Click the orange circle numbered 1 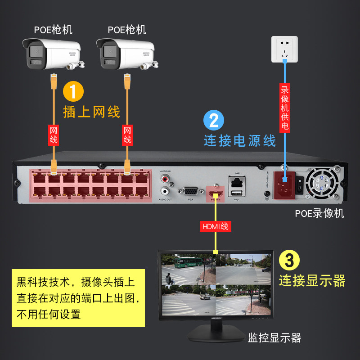[x=73, y=91]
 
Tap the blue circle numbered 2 [x=214, y=121]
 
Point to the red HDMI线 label [x=215, y=226]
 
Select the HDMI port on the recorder [x=215, y=194]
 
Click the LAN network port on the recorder [x=237, y=183]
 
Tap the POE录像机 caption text [x=319, y=213]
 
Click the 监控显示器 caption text [x=274, y=338]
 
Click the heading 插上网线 [x=92, y=112]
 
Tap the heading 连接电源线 [x=239, y=140]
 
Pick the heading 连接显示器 [x=312, y=281]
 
